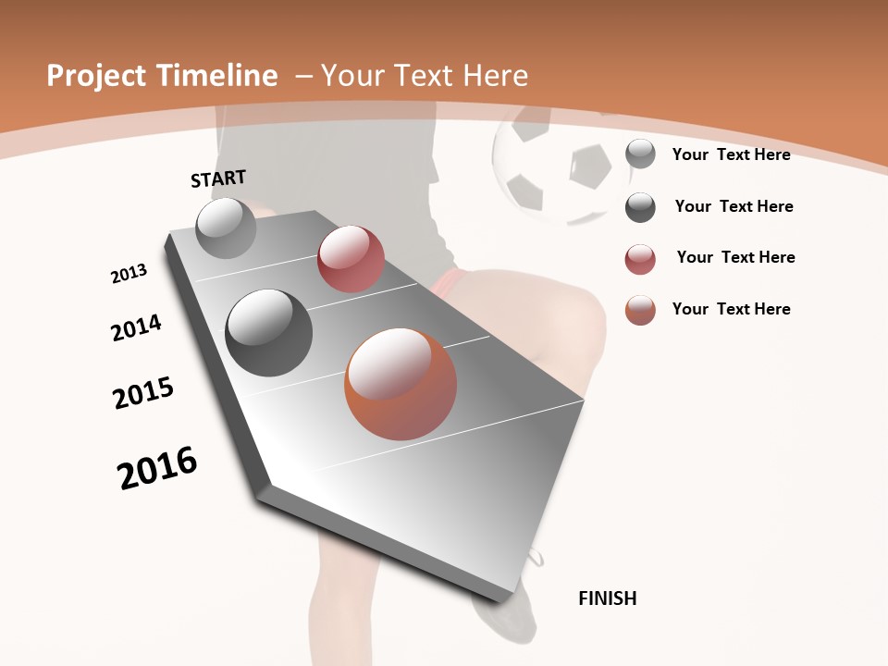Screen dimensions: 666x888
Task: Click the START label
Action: pos(218,178)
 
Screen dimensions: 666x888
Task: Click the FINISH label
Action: pos(607,598)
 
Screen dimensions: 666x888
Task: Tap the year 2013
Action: pos(129,273)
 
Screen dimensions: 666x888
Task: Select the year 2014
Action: pos(136,327)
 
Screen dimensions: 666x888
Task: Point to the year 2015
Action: pos(143,393)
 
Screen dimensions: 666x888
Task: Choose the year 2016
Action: pos(157,468)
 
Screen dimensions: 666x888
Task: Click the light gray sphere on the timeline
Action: pos(227,228)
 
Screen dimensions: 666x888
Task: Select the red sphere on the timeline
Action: pos(351,259)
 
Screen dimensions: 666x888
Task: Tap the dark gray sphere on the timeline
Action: pos(269,333)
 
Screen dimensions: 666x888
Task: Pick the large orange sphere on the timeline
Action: pos(401,383)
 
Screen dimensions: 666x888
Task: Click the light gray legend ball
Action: pos(640,154)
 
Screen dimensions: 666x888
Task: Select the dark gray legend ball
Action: pos(640,207)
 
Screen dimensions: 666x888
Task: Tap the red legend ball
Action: pos(640,259)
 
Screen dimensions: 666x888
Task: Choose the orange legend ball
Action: pos(640,310)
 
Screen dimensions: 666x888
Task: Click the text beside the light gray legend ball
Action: pos(731,154)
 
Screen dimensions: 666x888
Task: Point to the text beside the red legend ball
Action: pos(735,257)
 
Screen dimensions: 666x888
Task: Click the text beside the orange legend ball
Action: pos(731,309)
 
